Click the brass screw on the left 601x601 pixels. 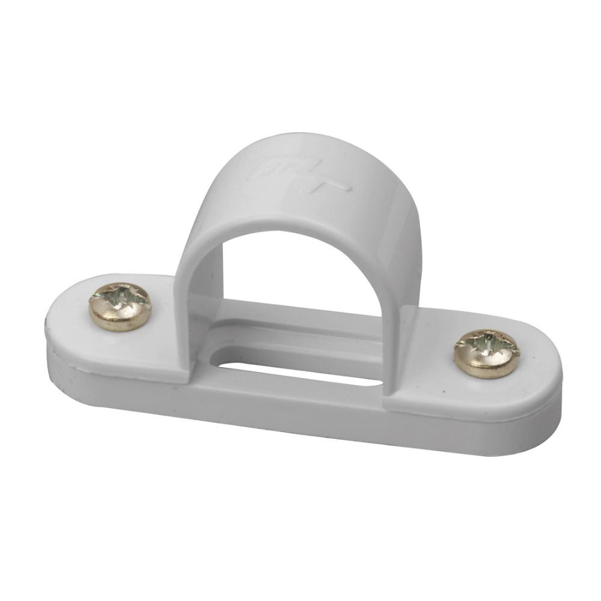[x=120, y=307]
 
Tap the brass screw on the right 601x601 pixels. [x=486, y=353]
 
